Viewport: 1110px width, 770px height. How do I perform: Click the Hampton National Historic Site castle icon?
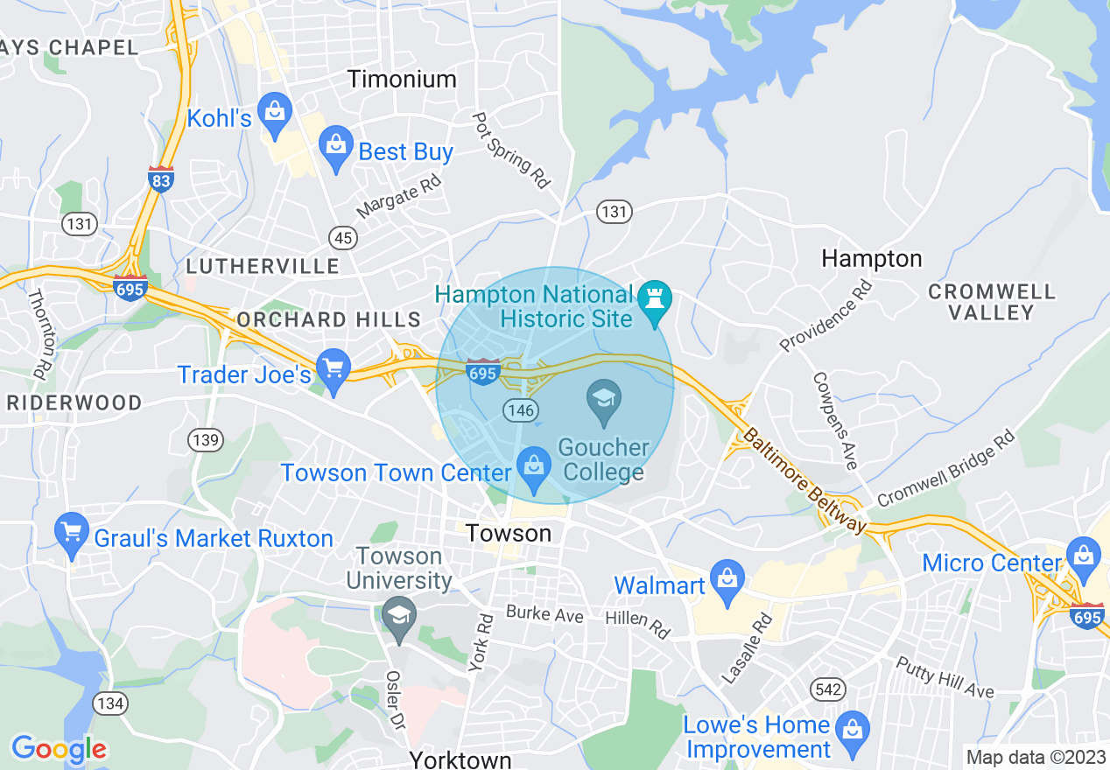click(x=653, y=298)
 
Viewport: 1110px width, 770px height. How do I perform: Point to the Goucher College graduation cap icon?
click(x=603, y=402)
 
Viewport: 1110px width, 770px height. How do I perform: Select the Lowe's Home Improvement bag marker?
click(x=850, y=731)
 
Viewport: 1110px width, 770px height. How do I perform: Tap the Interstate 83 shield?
click(x=161, y=178)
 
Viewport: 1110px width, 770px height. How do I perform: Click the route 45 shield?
click(x=341, y=236)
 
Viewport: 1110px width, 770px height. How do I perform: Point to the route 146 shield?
click(x=520, y=409)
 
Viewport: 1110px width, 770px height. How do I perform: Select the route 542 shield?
click(x=827, y=689)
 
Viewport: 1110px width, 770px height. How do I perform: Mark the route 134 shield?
click(x=112, y=703)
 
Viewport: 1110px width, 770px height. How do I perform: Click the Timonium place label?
click(x=402, y=80)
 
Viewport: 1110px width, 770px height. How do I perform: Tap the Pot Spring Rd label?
click(x=511, y=150)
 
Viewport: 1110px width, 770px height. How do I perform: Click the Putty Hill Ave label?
click(x=945, y=678)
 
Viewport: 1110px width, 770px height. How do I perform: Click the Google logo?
click(x=59, y=749)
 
